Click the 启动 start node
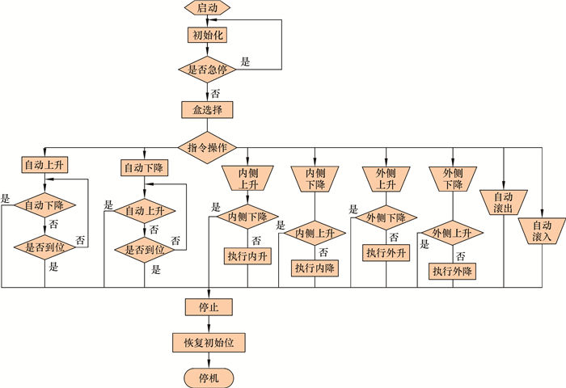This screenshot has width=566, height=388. (208, 8)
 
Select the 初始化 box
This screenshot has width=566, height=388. (208, 36)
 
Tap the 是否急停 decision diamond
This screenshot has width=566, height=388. (208, 70)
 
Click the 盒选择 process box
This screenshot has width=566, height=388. (208, 109)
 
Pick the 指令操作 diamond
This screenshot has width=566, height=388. (208, 148)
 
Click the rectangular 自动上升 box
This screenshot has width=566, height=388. (44, 165)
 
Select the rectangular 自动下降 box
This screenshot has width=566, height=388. (144, 168)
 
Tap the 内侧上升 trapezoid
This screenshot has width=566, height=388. (247, 179)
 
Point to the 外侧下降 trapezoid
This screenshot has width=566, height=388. (453, 179)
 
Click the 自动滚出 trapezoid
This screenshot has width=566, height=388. (503, 201)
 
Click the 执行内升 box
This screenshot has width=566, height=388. (247, 255)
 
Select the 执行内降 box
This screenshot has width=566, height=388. (315, 268)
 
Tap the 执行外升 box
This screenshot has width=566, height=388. (386, 253)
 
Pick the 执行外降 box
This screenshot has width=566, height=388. (453, 271)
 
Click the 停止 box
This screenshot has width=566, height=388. (208, 307)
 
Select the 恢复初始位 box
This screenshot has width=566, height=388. (208, 342)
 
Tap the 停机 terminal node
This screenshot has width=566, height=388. (208, 377)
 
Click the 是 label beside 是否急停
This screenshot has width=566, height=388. (246, 61)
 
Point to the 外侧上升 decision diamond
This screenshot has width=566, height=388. (453, 234)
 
